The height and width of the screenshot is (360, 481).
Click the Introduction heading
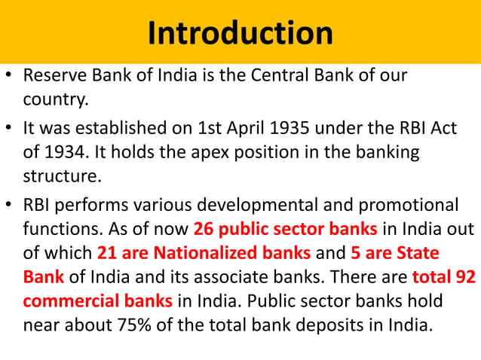tap(240, 32)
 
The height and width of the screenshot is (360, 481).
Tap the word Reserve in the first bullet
tap(51, 77)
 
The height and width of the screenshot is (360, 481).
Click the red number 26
tap(204, 227)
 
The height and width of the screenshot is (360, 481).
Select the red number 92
tap(465, 276)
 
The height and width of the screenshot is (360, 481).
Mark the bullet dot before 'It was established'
tap(9, 130)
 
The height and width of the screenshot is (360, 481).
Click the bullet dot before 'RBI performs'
tap(9, 205)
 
